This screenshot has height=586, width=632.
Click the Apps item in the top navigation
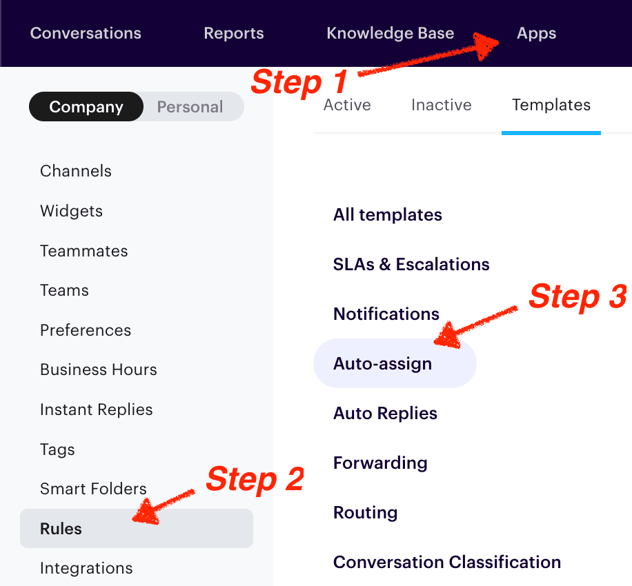pos(536,33)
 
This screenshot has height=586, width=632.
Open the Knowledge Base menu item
pos(390,33)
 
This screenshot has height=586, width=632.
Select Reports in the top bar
pos(233,33)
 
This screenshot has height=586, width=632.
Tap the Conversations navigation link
pos(86,33)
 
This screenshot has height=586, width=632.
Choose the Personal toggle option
pos(190,107)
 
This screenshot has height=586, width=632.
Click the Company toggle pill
pos(86,107)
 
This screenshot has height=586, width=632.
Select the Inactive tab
pos(441,105)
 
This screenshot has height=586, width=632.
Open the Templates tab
pos(551,105)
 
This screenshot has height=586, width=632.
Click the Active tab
pos(347,105)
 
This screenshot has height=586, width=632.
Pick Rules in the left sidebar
pos(61,529)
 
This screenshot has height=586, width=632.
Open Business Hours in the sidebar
pos(99,370)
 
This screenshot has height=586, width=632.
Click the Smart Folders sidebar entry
pos(93,489)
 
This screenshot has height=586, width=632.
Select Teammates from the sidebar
pos(83,251)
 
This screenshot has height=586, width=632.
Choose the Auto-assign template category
pos(382,363)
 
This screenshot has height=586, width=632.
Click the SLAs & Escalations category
pos(411,264)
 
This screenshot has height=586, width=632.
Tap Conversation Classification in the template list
pos(446,562)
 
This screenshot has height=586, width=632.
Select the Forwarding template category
pos(380,463)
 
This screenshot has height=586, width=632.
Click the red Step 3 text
pos(577,296)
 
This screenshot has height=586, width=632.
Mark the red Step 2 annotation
pos(255,479)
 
